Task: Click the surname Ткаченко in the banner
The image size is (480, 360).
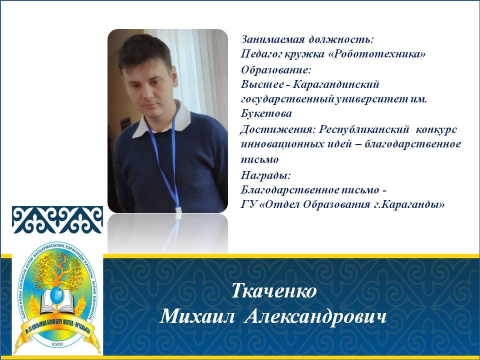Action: click(273, 291)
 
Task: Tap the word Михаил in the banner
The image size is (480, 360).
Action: click(197, 316)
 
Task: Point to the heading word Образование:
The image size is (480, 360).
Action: click(276, 70)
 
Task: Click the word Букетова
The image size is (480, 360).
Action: click(266, 113)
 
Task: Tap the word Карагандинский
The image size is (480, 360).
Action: click(336, 84)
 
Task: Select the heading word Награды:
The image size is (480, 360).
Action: click(265, 175)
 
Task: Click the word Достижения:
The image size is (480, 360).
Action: click(277, 129)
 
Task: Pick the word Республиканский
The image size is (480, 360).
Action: click(364, 129)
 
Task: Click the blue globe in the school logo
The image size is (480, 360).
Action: click(57, 294)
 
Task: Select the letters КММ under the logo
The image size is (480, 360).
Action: click(57, 344)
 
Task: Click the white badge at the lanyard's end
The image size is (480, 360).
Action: click(178, 209)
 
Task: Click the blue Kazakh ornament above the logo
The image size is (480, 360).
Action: click(57, 220)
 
